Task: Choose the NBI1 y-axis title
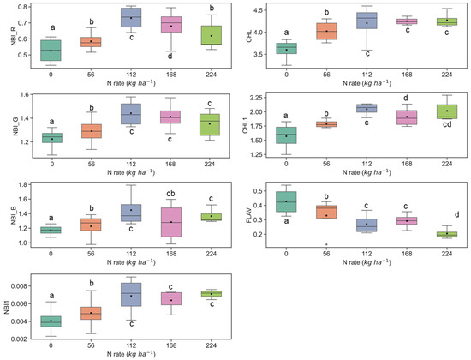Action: click(x=8, y=305)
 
